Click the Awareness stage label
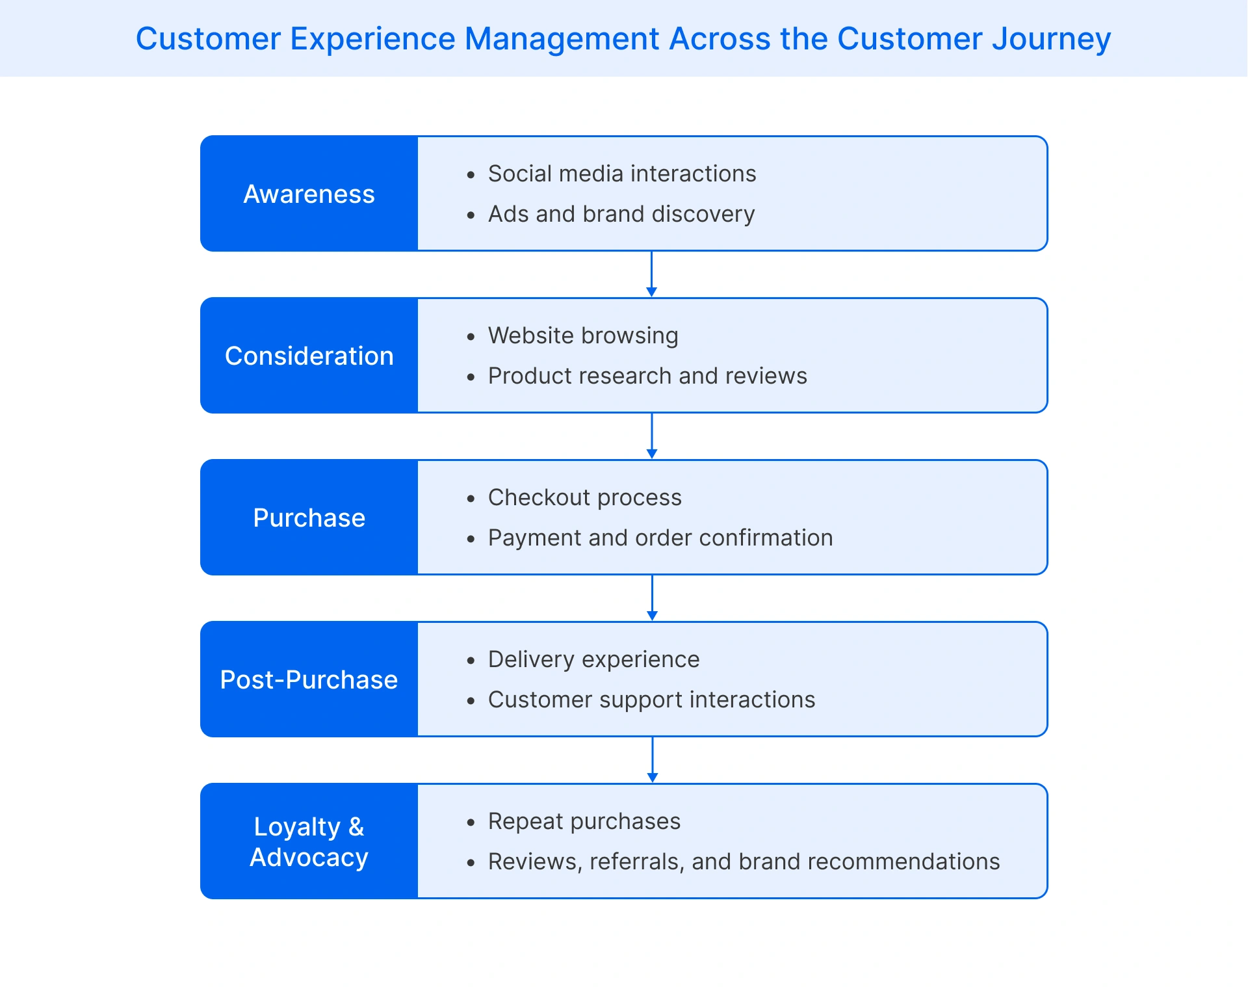point(309,194)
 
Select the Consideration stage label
point(309,356)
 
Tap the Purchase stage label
point(309,518)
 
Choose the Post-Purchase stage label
point(309,679)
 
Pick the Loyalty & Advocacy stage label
point(309,841)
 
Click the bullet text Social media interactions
point(621,174)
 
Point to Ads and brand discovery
point(621,214)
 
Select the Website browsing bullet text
point(582,336)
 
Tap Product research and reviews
point(647,376)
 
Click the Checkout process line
point(584,497)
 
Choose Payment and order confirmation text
point(660,538)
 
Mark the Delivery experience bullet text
point(593,659)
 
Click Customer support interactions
point(651,700)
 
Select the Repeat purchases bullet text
point(584,821)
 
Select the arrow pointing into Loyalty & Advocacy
point(653,760)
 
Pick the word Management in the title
point(562,39)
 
